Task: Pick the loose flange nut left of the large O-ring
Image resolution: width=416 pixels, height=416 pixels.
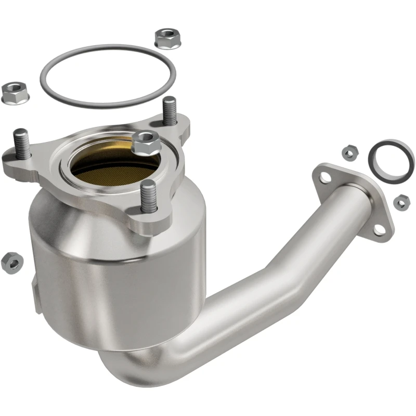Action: (15, 92)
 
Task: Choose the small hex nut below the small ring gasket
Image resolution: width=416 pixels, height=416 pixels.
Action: (401, 202)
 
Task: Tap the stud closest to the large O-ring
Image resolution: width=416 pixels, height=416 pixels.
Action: (169, 110)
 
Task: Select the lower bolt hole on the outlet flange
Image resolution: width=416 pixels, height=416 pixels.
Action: (380, 229)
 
